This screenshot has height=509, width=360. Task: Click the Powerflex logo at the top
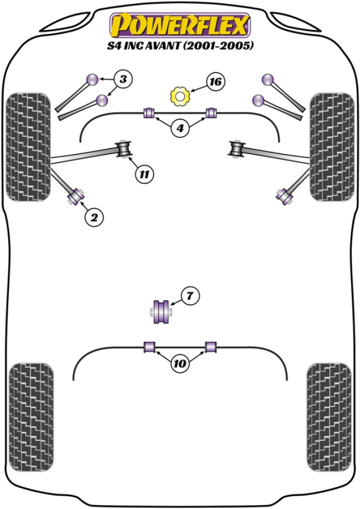pyautogui.click(x=181, y=25)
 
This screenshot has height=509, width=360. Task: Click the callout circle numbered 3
pyautogui.click(x=124, y=80)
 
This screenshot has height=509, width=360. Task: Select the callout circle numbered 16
pyautogui.click(x=215, y=82)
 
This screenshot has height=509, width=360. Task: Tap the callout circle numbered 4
pyautogui.click(x=179, y=130)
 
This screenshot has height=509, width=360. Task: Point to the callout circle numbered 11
pyautogui.click(x=144, y=175)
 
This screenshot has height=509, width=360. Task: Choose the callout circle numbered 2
pyautogui.click(x=94, y=218)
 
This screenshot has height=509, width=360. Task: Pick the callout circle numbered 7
pyautogui.click(x=189, y=297)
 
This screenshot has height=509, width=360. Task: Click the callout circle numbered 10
pyautogui.click(x=179, y=364)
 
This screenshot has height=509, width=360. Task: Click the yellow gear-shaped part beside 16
pyautogui.click(x=179, y=96)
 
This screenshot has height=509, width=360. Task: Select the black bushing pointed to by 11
pyautogui.click(x=125, y=150)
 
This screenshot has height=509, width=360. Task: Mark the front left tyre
pyautogui.click(x=28, y=147)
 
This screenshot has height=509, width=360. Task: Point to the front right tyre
pyautogui.click(x=331, y=147)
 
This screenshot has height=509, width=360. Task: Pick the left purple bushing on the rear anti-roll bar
pyautogui.click(x=148, y=347)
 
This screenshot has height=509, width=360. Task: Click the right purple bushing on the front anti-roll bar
pyautogui.click(x=210, y=113)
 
